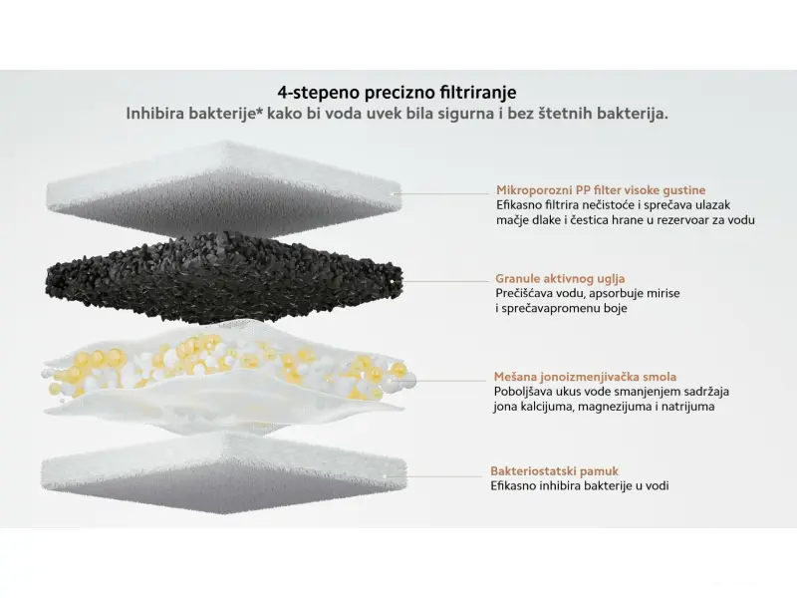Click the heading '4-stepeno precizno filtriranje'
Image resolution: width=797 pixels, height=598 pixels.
[x=397, y=93]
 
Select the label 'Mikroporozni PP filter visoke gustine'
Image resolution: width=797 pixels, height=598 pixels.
[x=601, y=190]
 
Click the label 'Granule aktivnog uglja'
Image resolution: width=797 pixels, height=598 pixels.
[x=560, y=279]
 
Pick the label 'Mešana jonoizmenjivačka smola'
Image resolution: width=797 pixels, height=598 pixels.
[x=585, y=377]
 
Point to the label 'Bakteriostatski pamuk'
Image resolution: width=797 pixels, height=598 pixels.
[x=555, y=470]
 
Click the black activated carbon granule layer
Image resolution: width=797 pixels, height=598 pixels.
[x=224, y=278]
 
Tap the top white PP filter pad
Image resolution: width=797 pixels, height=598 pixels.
[x=224, y=189]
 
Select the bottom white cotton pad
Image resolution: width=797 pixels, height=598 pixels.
[x=223, y=472]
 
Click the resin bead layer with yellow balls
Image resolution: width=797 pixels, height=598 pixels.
[x=229, y=369]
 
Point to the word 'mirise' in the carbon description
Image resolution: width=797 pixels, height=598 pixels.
[x=664, y=293]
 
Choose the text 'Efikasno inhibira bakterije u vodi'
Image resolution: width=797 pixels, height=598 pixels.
[x=580, y=486]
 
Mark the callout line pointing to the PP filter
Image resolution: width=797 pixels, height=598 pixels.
[x=440, y=193]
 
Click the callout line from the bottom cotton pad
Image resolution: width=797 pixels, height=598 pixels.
[x=433, y=476]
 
